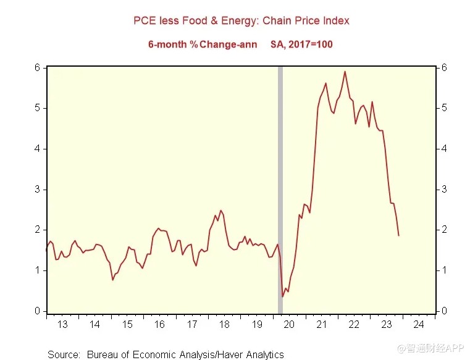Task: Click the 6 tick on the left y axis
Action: pos(37,67)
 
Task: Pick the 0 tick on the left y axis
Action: pos(37,311)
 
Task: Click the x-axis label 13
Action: pos(62,324)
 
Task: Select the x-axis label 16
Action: pos(159,324)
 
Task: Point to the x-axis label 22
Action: pos(353,324)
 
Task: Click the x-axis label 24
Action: pos(418,324)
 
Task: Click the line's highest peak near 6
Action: pos(345,72)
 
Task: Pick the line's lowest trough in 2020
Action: pos(283,296)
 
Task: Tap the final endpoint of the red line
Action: pos(398,235)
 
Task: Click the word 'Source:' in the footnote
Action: pos(64,354)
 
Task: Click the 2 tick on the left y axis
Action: pos(37,230)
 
